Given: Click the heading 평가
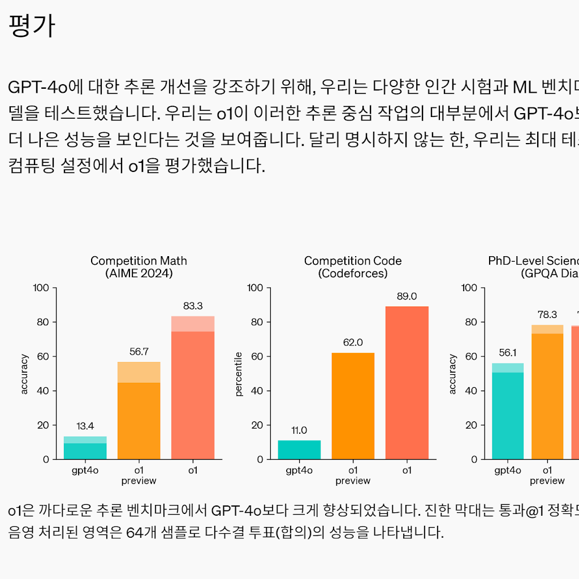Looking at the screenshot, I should pos(32,26).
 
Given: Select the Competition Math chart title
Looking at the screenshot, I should pos(139,267).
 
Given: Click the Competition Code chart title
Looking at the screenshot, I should pos(353,267).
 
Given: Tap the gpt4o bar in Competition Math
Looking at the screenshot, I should pos(85,448).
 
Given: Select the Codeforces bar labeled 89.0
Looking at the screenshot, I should pos(407,382).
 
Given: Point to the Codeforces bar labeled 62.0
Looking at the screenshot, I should pos(353,405).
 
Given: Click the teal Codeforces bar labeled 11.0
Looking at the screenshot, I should pos(299,450).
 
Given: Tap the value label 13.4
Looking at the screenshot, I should pos(85,426).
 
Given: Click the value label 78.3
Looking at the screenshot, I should pos(547,314).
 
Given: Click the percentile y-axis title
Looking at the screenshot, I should pos(239,374).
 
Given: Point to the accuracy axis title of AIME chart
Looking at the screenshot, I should pos(24,374).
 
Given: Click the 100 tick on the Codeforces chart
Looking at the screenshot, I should pos(256,288).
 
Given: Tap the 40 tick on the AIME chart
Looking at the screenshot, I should pos(44,391).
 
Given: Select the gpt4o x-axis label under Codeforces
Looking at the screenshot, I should pos(299,470).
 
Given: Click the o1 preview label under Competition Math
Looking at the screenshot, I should pos(139,475).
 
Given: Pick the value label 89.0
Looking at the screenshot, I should pos(407,296).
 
